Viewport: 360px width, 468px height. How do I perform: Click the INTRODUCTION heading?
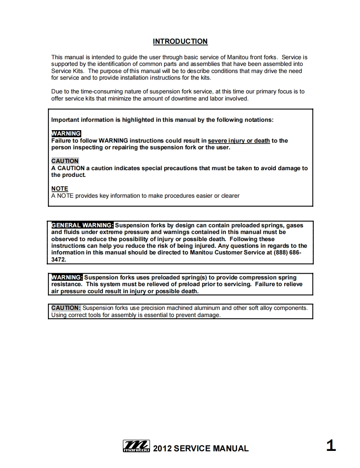(x=180, y=41)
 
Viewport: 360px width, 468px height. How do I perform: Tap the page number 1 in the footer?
(x=330, y=446)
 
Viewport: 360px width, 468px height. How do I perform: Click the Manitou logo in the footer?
(x=136, y=447)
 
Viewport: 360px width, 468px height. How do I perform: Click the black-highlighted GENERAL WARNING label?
(x=82, y=225)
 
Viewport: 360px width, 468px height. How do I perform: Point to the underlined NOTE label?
(x=60, y=189)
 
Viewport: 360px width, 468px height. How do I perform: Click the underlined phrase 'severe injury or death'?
(x=239, y=141)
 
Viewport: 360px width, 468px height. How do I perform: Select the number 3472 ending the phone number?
(x=58, y=259)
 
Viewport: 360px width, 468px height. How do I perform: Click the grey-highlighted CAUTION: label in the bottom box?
(x=66, y=308)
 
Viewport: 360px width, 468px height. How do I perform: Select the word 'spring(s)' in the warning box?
(x=188, y=277)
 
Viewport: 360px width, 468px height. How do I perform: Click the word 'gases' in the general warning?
(x=295, y=225)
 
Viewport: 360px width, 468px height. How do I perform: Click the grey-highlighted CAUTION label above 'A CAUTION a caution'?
(x=65, y=161)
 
